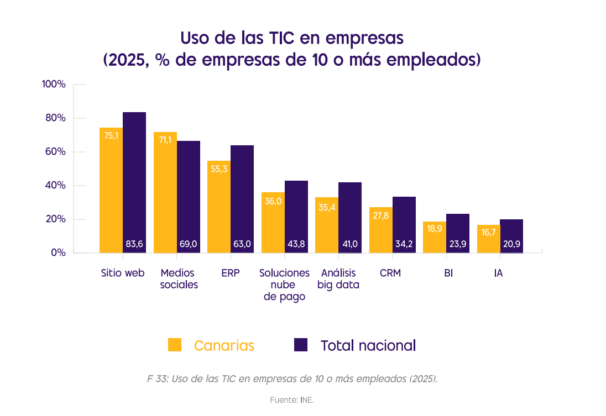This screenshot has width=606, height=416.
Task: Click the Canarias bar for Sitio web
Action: coord(111,191)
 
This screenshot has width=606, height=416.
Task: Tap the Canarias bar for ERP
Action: coord(219,207)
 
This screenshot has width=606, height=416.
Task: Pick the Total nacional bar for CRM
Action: coord(404,225)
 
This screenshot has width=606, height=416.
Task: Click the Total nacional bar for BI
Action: coord(458,234)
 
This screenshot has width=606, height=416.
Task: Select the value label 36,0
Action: coord(273,202)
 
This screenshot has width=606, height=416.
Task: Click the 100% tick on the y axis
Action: coord(54,85)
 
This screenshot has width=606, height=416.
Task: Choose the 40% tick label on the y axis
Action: coord(55,186)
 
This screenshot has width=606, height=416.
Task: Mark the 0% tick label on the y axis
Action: coord(58,253)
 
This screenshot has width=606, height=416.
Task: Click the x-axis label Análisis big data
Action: coord(338,279)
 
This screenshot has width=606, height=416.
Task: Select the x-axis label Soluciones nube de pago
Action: coord(284,285)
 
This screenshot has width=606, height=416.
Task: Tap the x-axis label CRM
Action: coord(390,273)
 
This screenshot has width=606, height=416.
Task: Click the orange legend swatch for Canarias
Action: coord(175,345)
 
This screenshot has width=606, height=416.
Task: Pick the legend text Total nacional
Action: coord(368,346)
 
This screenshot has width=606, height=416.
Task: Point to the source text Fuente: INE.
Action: coord(292,399)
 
